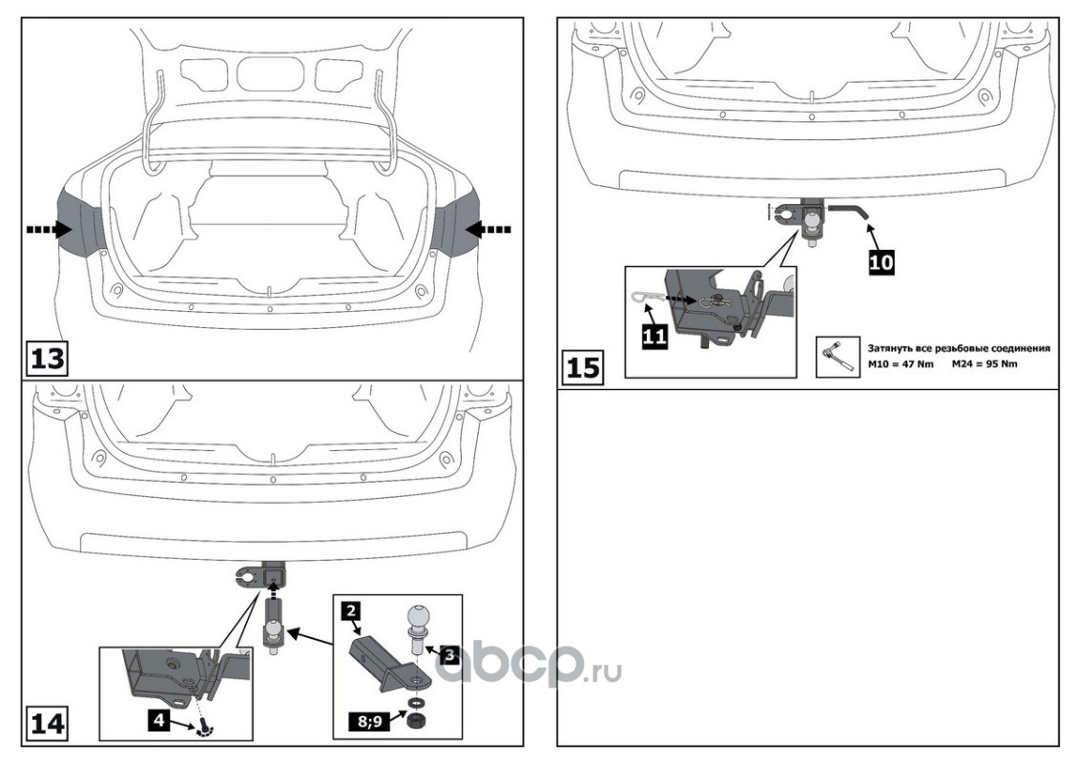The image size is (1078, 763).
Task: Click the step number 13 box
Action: (x=48, y=358)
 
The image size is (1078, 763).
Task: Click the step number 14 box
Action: (x=48, y=724)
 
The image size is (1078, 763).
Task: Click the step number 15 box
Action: (x=582, y=367)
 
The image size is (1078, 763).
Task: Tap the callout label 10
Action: (x=881, y=261)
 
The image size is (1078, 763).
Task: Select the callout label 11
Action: (x=654, y=336)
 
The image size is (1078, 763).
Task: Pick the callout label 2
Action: (x=350, y=610)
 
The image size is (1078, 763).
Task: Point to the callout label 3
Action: (x=449, y=654)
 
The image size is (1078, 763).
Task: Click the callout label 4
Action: (x=158, y=720)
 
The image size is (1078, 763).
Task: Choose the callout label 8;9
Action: (x=368, y=721)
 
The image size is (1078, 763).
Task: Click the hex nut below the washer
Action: (x=415, y=722)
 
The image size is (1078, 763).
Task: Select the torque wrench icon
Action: (x=838, y=356)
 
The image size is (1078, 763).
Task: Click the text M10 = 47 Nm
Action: (x=901, y=363)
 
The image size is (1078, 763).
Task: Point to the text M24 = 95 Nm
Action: (x=985, y=363)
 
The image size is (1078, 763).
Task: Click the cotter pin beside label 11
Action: (x=644, y=298)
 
